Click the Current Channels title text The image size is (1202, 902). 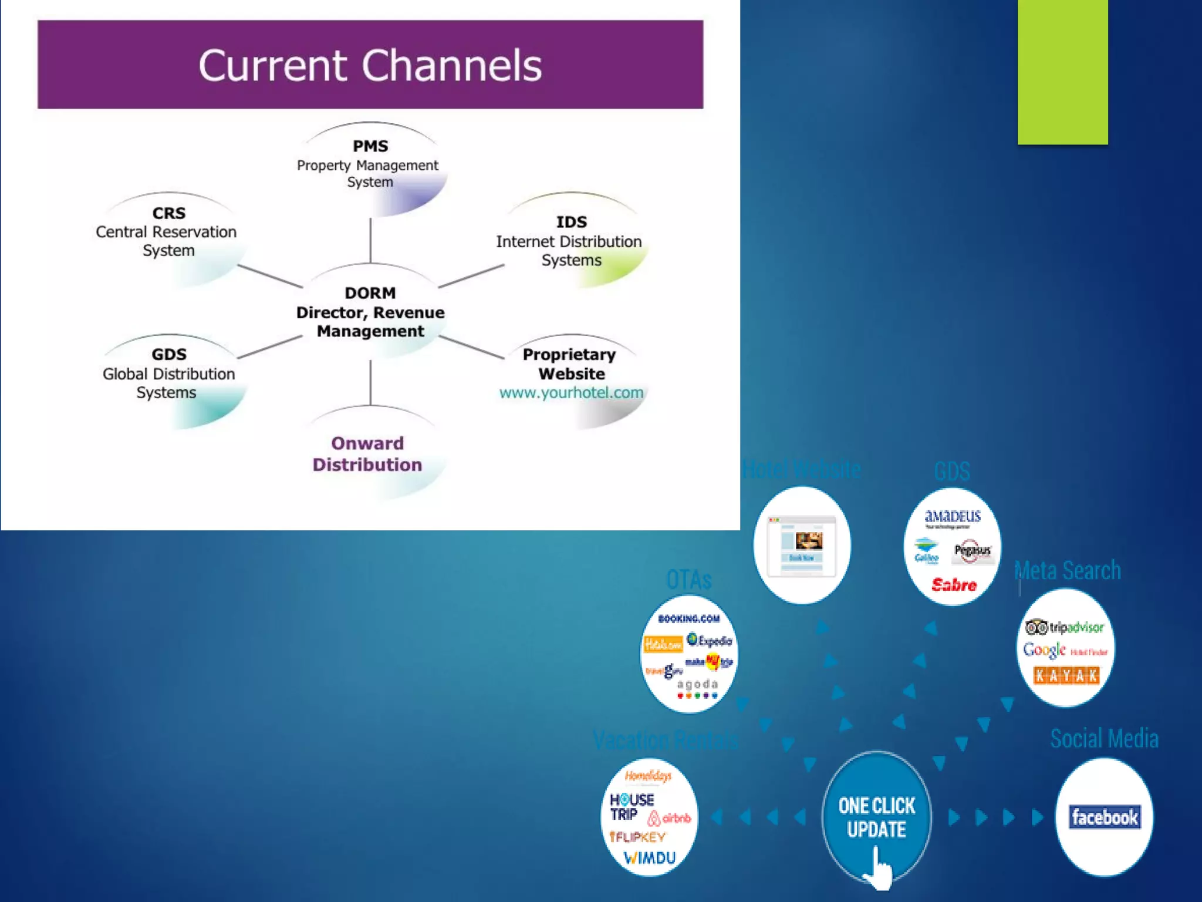click(x=370, y=65)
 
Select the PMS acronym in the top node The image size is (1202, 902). click(x=370, y=146)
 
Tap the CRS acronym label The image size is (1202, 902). click(x=169, y=213)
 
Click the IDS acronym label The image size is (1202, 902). click(x=571, y=222)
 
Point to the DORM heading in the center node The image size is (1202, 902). click(x=370, y=292)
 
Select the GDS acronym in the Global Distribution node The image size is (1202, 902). click(x=169, y=354)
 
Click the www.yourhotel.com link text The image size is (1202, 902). click(x=571, y=392)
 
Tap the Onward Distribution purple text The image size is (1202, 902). click(x=367, y=454)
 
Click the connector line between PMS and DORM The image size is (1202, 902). click(x=370, y=241)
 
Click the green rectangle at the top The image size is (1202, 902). click(x=1062, y=72)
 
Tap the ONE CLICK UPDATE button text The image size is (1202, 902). click(x=876, y=817)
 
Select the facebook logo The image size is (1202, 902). click(x=1105, y=817)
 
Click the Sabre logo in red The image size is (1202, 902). click(x=954, y=584)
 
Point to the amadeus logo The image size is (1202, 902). click(x=953, y=516)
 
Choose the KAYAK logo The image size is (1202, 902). click(x=1066, y=675)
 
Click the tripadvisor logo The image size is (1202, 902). click(x=1065, y=627)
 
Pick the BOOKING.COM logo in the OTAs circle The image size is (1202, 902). click(x=688, y=618)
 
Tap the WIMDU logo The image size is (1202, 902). click(x=650, y=858)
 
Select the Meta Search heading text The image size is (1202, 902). click(x=1068, y=570)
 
